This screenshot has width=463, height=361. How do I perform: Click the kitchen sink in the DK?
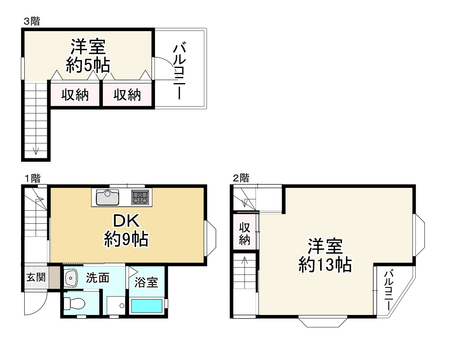point(107,197)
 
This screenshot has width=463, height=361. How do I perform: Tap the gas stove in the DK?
point(140,197)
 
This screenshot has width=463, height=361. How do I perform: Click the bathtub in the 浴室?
point(146,306)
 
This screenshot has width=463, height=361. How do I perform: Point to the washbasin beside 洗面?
point(71,278)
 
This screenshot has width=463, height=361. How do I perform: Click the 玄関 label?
point(36,277)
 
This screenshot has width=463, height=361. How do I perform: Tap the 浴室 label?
point(146,282)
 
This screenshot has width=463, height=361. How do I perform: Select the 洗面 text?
point(98,278)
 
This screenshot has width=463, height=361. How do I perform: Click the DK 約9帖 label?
point(126,230)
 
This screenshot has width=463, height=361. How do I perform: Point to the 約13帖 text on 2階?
point(325,264)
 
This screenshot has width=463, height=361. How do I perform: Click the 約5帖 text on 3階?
point(88,65)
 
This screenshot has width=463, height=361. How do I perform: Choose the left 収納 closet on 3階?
point(75,95)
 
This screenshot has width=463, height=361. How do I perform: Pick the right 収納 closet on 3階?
point(127,95)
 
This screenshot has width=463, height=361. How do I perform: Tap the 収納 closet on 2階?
point(245,234)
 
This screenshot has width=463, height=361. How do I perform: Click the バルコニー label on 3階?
point(179,71)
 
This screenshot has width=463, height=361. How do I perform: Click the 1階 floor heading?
point(32,178)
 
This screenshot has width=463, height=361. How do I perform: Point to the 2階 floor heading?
point(241,178)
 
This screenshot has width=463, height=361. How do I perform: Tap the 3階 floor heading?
point(32,21)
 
